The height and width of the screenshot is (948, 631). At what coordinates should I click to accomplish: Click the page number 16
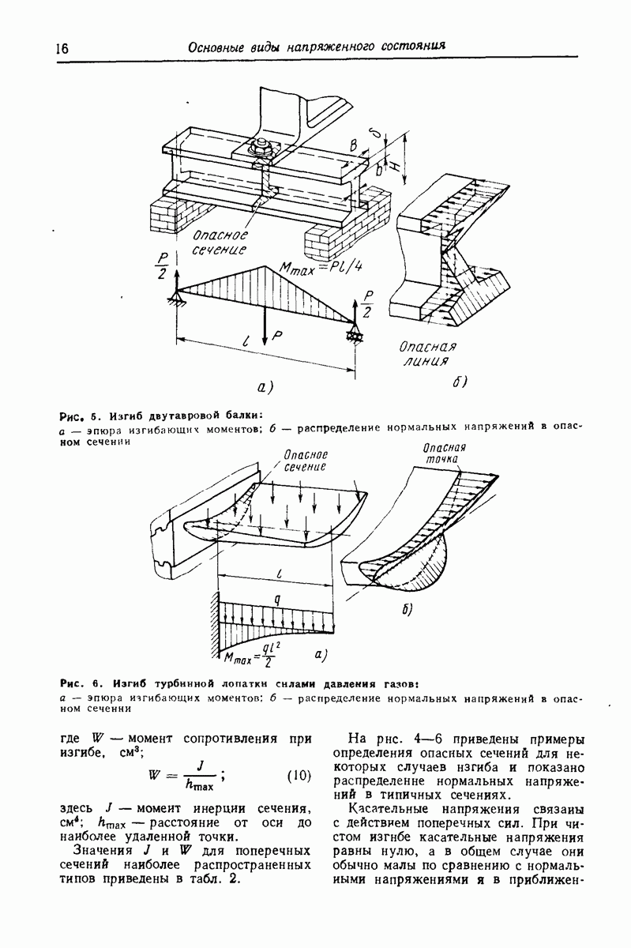pos(62,47)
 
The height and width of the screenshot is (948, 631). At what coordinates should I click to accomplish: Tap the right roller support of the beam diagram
pos(351,335)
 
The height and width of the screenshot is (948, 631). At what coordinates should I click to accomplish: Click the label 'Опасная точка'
pos(445,453)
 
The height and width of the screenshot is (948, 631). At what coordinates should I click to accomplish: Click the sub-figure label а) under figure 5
pos(265,386)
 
